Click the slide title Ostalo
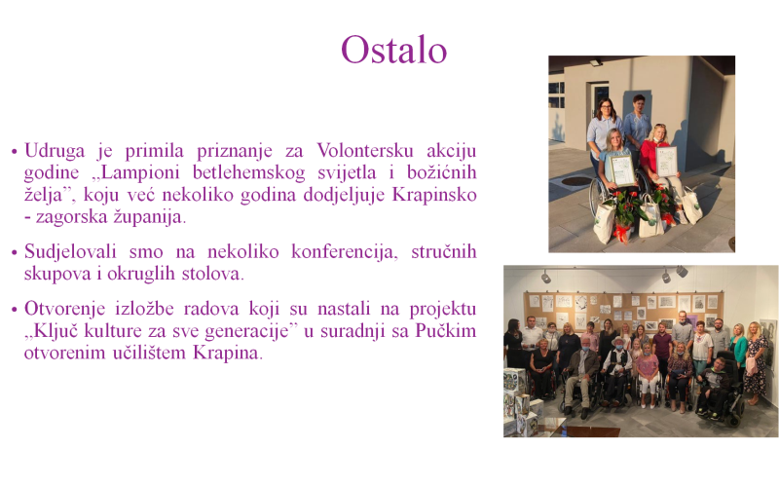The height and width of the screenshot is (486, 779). coord(394,50)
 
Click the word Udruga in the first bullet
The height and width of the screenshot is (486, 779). coord(55,151)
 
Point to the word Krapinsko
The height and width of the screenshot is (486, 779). coord(434,194)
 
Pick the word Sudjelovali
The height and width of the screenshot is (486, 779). coord(70,252)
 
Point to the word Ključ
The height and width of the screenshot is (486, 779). coord(55,330)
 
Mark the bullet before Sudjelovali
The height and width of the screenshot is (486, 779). coord(14,252)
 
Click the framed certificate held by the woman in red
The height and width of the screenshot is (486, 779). coord(666,161)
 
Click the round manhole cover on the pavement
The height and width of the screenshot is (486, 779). coord(576,181)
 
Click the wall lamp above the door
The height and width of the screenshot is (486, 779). coord(596,62)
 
